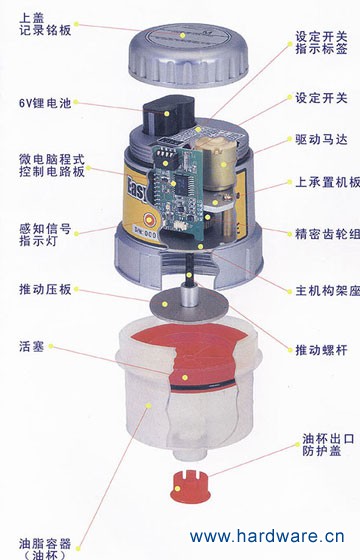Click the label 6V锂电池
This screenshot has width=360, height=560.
(45, 103)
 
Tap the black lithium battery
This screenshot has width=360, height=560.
(169, 114)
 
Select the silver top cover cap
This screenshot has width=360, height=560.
(188, 55)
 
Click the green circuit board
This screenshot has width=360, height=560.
(176, 192)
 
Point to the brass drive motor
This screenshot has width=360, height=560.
(216, 162)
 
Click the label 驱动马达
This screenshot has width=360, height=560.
(321, 139)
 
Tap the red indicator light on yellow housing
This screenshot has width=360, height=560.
(149, 220)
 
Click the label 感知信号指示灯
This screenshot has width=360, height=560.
(45, 234)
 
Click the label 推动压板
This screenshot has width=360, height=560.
(45, 289)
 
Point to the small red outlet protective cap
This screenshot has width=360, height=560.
(189, 487)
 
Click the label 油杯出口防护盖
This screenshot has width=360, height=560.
(328, 445)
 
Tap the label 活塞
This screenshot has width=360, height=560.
(32, 346)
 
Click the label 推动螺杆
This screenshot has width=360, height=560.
(321, 350)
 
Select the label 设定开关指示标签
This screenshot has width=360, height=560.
(321, 42)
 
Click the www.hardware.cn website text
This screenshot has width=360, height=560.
(267, 536)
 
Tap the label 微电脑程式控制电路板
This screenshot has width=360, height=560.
(52, 165)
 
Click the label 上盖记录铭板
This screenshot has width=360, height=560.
(45, 24)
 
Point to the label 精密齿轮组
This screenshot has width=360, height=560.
(328, 234)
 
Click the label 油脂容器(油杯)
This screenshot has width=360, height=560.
(45, 549)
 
